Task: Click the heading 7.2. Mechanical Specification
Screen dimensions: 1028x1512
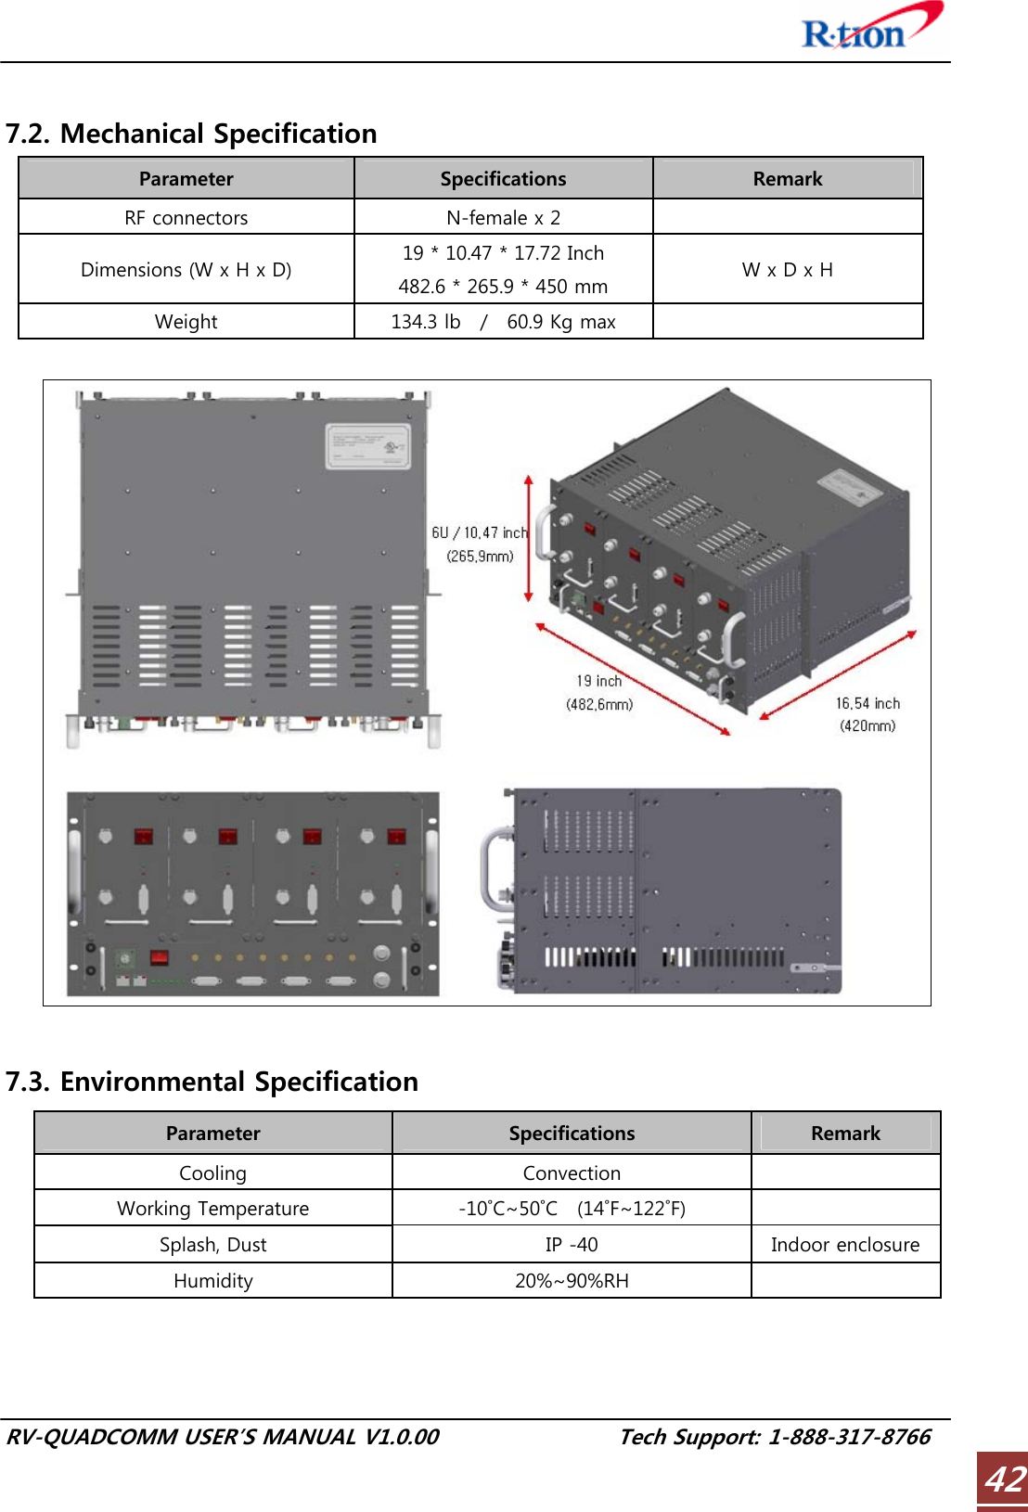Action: (x=191, y=134)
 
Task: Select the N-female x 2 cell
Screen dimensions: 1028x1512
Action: (x=503, y=218)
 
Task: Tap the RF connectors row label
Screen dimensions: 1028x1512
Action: (x=186, y=218)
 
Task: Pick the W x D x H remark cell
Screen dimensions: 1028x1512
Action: (x=787, y=270)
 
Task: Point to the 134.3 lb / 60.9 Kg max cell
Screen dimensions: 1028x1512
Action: (x=503, y=322)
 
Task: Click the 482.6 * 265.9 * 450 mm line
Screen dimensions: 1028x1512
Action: (x=503, y=287)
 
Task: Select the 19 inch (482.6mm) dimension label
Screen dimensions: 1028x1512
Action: (x=599, y=693)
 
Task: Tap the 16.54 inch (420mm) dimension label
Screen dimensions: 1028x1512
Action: (x=867, y=714)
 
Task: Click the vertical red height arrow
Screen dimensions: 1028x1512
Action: (x=529, y=539)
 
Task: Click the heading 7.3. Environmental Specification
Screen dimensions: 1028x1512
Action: (x=212, y=1082)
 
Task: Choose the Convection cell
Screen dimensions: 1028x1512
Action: (x=572, y=1173)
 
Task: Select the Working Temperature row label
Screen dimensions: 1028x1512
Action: (x=212, y=1209)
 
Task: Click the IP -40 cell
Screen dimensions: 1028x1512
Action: (x=572, y=1245)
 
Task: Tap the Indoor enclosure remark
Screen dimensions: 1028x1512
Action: (x=845, y=1245)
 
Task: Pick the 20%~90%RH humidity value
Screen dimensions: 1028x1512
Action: (x=572, y=1281)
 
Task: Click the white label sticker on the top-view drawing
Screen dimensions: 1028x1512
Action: (x=367, y=446)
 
